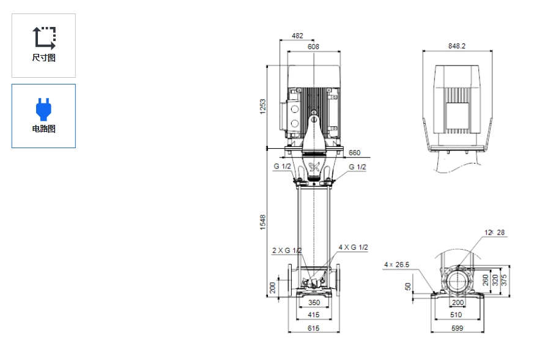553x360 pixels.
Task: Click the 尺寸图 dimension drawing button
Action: [43, 45]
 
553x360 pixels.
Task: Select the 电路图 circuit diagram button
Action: [43, 116]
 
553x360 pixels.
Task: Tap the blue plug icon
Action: [43, 108]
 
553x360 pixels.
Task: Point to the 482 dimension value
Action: [297, 36]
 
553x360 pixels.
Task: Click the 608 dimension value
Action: [313, 47]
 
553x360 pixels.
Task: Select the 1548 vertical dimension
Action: [262, 222]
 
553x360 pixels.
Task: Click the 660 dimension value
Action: [354, 153]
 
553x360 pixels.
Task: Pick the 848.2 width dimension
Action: [456, 47]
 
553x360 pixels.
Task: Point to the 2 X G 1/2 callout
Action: [287, 250]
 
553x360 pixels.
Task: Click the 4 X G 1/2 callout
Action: [353, 247]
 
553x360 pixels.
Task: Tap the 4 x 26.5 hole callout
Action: [396, 265]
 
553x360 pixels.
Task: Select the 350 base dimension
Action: [313, 302]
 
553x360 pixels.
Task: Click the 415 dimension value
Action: [313, 315]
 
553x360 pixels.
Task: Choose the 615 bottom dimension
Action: [313, 329]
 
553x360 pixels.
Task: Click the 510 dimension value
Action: [456, 315]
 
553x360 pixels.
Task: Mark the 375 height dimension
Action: [504, 279]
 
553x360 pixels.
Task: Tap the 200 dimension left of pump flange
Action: [273, 287]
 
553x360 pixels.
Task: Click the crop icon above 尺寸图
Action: [44, 37]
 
